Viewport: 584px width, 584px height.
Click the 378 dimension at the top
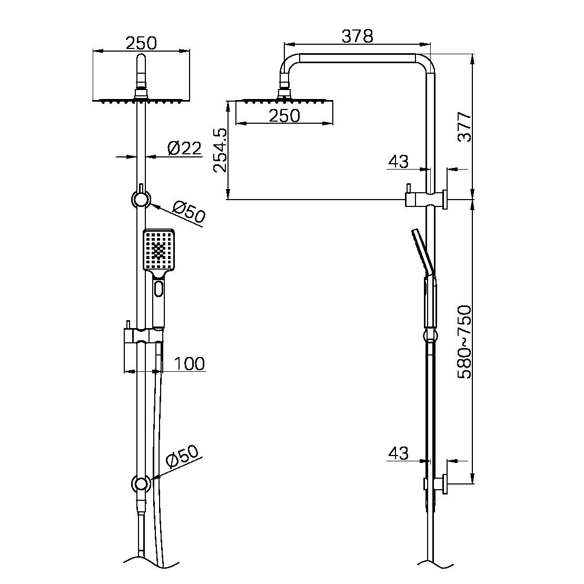point(357,36)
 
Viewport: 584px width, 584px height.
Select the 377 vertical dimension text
point(463,126)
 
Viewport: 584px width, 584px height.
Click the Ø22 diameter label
point(184,149)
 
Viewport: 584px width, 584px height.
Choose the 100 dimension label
point(189,363)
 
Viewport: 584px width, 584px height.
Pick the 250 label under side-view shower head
point(284,115)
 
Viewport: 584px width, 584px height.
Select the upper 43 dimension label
point(398,162)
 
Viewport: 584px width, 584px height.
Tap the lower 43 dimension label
point(398,453)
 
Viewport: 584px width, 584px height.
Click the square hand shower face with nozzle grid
point(159,248)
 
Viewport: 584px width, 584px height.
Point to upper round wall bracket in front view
point(141,200)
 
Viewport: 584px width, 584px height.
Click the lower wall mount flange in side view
point(445,483)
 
